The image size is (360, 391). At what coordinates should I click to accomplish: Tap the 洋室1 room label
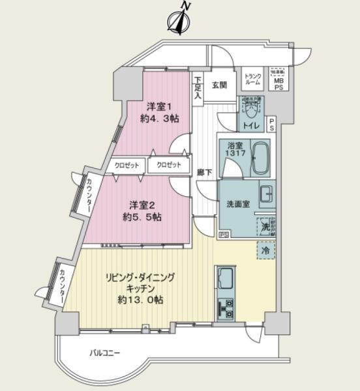[159, 106]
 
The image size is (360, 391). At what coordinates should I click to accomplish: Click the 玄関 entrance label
[218, 85]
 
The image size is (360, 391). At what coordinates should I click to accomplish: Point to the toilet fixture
[252, 108]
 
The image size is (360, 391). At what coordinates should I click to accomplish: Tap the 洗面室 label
[237, 203]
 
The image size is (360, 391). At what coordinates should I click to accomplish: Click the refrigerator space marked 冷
[265, 250]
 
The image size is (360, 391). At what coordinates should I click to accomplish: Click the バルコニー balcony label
[105, 353]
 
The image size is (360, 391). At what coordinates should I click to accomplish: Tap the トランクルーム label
[252, 80]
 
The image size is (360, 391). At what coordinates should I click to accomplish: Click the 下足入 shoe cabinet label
[197, 87]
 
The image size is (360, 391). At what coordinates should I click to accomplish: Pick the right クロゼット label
[168, 166]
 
